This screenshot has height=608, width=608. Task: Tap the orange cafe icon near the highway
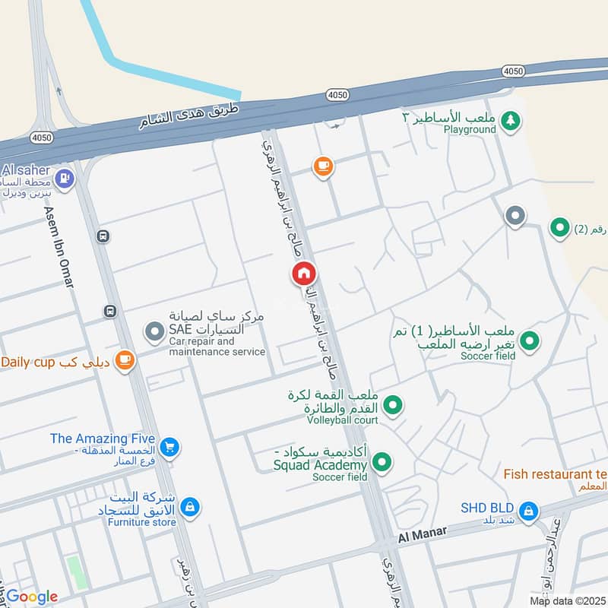point(323,166)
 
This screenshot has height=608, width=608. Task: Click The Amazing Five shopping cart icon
point(169,447)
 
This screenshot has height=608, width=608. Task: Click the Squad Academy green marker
point(382,461)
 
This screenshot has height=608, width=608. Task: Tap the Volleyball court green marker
point(392,407)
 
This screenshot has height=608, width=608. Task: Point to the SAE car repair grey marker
point(155,331)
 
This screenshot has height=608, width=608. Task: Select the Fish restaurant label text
point(555,473)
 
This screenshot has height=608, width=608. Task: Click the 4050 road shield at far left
point(41,138)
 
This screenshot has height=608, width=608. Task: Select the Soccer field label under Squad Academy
point(340,477)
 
